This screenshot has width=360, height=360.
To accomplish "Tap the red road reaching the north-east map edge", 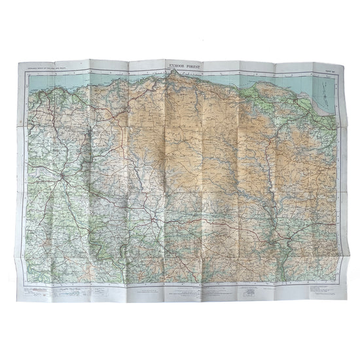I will [331, 131].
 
